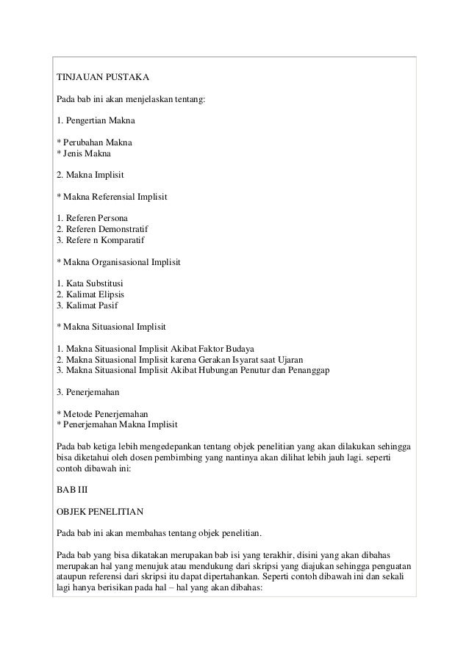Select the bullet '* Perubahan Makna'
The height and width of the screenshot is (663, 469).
96,142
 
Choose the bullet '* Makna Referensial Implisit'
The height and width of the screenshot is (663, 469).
112,198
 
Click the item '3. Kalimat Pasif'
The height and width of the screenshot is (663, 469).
86,305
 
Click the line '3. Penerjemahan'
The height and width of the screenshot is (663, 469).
88,392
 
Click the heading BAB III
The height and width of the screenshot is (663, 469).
71,489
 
